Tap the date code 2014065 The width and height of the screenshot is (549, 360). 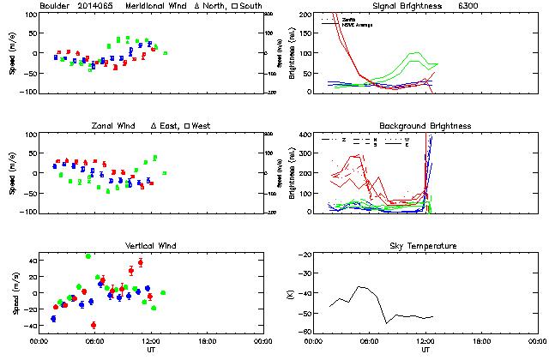click(100, 7)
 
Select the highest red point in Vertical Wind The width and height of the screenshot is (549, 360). click(140, 262)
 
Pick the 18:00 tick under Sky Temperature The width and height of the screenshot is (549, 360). click(480, 340)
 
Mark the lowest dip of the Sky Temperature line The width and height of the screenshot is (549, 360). click(387, 322)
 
